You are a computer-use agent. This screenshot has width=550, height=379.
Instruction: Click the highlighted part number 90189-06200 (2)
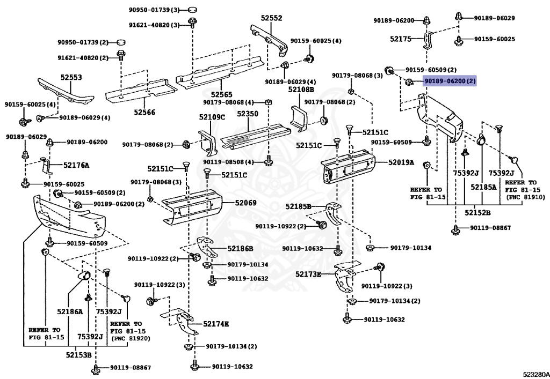coord(450,81)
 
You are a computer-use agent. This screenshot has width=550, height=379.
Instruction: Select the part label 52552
coord(271,18)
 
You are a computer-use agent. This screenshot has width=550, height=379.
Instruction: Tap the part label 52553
coord(71,78)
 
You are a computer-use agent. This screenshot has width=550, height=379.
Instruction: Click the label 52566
coord(144,112)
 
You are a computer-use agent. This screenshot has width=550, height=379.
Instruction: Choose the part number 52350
coord(248,114)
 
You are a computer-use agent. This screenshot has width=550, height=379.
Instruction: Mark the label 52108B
coord(301,90)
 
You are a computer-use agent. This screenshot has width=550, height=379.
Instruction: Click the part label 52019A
coord(401,162)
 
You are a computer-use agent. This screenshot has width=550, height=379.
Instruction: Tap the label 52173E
coord(308,274)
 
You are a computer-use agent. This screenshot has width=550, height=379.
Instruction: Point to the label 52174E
coord(216,324)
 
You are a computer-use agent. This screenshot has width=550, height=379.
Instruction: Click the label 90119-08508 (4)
coord(232,162)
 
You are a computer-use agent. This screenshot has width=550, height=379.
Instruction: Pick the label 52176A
coord(76,165)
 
